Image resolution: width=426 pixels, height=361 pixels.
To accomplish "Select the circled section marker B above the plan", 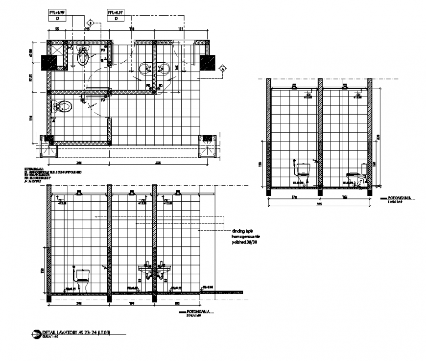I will pyautogui.click(x=90, y=23).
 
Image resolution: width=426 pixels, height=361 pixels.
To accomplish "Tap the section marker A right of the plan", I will pyautogui.click(x=223, y=70).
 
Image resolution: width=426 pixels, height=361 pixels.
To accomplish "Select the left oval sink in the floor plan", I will pyautogui.click(x=146, y=69).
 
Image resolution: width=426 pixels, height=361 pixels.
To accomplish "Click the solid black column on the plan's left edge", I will pyautogui.click(x=50, y=62).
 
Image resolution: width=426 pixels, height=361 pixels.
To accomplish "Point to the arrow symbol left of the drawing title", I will pyautogui.click(x=36, y=334).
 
